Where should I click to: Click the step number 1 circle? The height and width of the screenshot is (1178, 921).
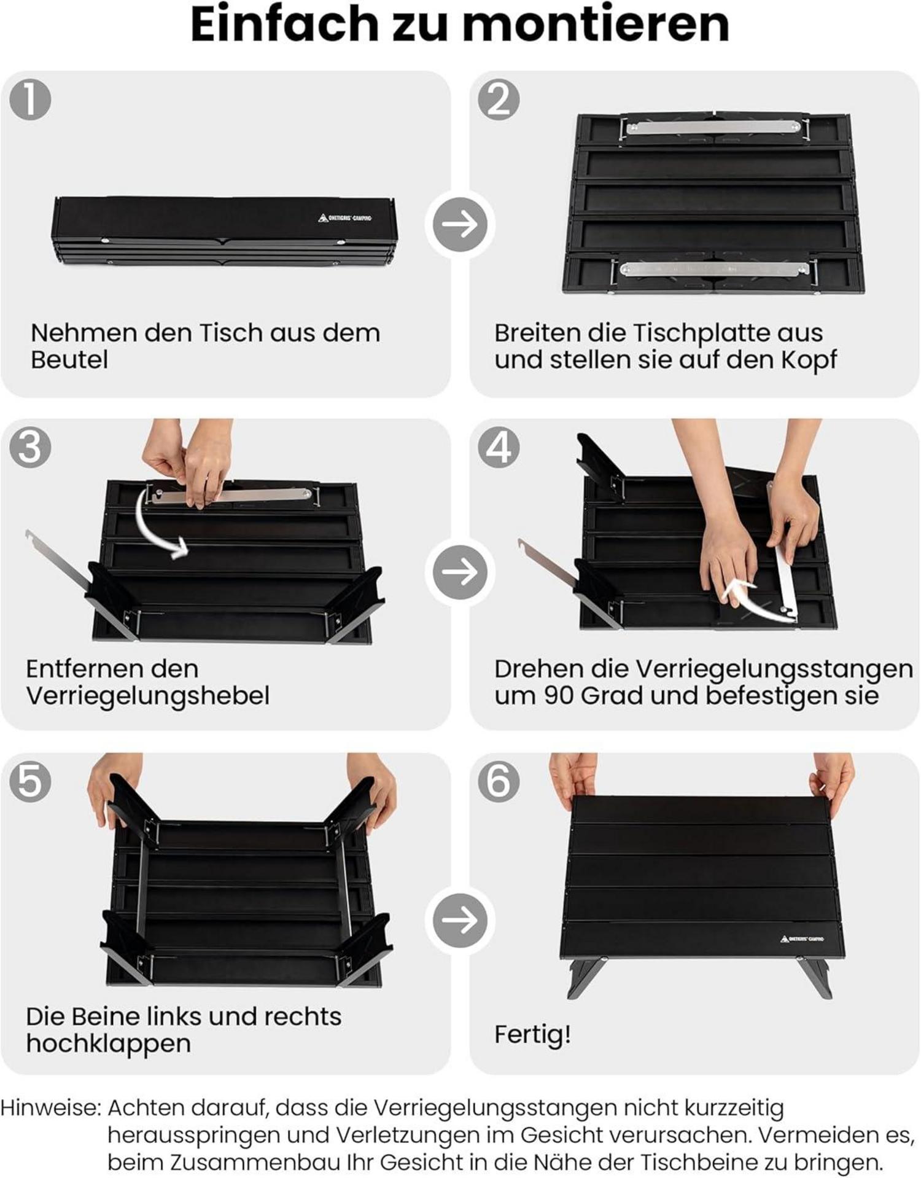tap(30, 99)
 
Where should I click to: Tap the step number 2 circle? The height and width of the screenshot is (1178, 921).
tap(499, 99)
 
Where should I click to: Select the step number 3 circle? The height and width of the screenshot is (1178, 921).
tap(30, 447)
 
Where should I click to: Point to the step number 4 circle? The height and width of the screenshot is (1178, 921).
tap(499, 447)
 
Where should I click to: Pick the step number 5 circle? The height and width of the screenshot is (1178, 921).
tap(30, 781)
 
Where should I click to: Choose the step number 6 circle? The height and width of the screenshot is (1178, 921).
tap(499, 781)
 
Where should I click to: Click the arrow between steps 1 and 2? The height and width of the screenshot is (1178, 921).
tap(460, 224)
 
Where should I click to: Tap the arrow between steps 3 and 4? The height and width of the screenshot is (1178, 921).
tap(460, 572)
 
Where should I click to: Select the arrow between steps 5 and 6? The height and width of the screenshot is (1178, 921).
tap(460, 919)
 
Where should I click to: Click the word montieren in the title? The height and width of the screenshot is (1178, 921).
tap(595, 25)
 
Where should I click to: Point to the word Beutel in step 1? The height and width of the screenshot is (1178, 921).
tap(69, 359)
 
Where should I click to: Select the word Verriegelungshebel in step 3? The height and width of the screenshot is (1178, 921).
tap(148, 696)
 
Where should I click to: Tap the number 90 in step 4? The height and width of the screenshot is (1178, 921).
tap(559, 696)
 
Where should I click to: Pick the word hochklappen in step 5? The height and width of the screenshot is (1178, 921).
tap(109, 1043)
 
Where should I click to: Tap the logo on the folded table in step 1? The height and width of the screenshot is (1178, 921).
tap(345, 218)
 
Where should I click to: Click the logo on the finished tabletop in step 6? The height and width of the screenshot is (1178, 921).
tap(802, 939)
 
